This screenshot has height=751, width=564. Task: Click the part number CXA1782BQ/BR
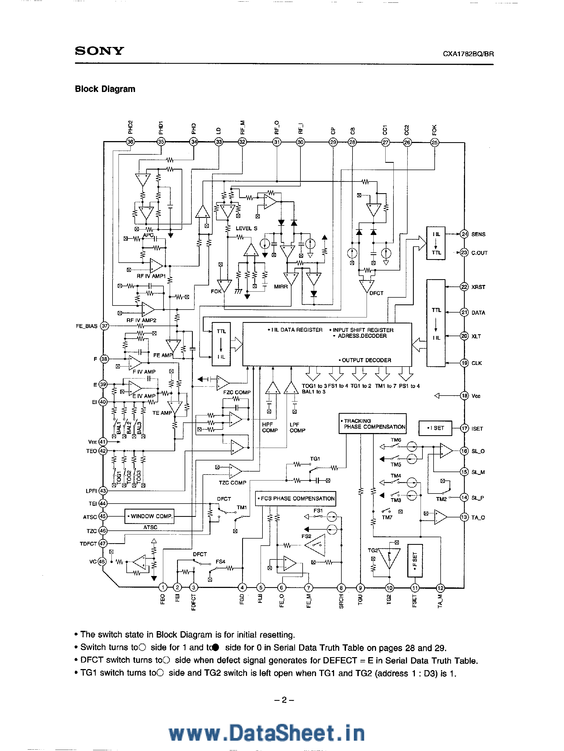468,54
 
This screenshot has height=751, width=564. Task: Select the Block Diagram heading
105,89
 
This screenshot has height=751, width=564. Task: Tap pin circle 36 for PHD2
130,142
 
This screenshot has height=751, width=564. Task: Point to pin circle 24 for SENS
464,234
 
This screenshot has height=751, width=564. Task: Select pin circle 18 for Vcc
464,396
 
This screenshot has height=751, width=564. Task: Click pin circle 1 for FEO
163,587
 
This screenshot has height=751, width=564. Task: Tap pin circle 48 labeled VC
102,562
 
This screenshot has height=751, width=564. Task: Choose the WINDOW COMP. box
150,516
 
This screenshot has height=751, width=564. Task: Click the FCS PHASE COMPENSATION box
296,498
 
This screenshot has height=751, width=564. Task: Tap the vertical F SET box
415,561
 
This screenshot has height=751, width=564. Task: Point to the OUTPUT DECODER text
365,360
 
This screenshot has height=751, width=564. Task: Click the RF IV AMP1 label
151,276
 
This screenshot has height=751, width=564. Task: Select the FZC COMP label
236,392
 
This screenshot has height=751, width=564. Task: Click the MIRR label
281,287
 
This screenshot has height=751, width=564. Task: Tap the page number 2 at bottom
284,700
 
